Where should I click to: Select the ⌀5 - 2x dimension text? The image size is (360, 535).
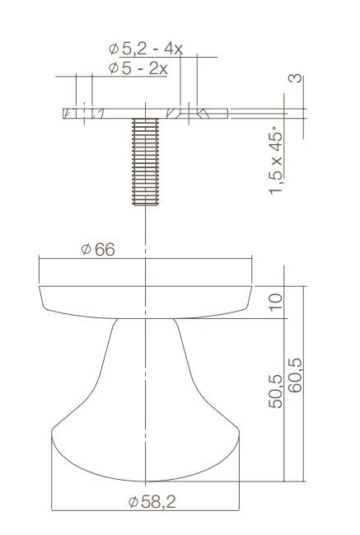click(138, 68)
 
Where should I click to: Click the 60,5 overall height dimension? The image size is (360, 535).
click(294, 376)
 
